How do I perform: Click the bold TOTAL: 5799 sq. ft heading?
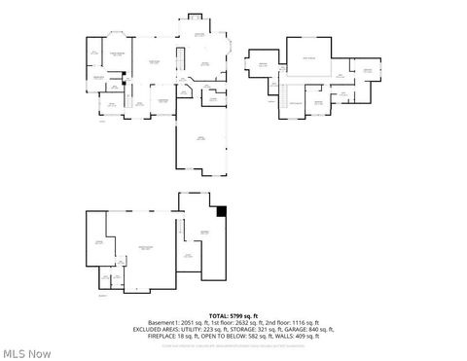[x=233, y=316]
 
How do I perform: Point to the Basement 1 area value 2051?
[x=186, y=323]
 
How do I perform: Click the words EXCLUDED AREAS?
[x=153, y=330]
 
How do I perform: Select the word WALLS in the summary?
[x=288, y=337]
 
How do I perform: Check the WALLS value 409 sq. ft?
[x=313, y=337]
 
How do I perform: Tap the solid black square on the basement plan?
[x=222, y=210]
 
